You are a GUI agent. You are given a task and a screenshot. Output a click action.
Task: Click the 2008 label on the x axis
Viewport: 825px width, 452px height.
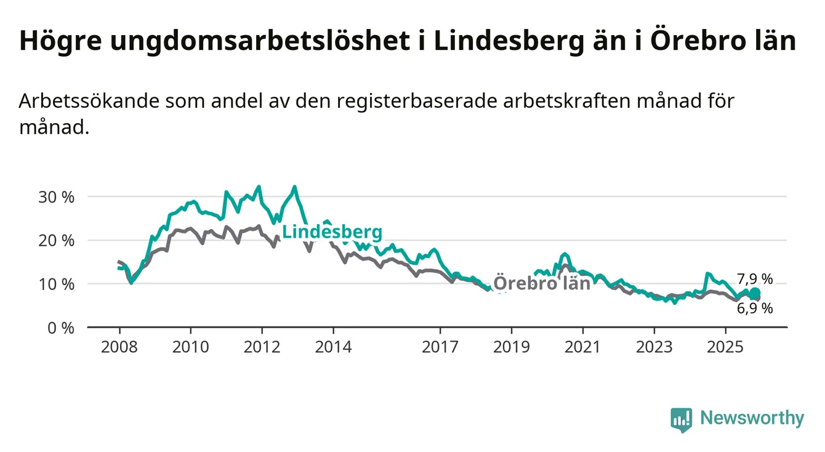[119, 347]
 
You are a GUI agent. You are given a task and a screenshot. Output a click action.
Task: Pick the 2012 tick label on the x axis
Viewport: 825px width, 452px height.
[262, 347]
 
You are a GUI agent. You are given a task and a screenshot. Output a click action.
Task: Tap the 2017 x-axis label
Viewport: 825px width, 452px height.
[440, 347]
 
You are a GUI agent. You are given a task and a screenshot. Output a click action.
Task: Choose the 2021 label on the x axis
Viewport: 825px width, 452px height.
[583, 347]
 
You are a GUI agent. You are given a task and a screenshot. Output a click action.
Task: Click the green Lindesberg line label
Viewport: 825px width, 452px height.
[332, 232]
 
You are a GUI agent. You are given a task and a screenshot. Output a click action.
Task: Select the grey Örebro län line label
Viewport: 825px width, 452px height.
[542, 283]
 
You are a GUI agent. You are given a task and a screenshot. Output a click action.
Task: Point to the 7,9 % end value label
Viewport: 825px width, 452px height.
[754, 280]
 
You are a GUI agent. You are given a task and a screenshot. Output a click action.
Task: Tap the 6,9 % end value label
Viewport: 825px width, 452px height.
[754, 309]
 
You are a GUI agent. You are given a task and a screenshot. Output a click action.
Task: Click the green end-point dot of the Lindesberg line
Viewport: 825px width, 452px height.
[755, 293]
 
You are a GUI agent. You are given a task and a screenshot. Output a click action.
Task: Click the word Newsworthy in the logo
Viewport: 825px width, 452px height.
[752, 419]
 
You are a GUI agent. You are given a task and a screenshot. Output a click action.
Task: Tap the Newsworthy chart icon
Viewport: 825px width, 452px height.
[682, 420]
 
